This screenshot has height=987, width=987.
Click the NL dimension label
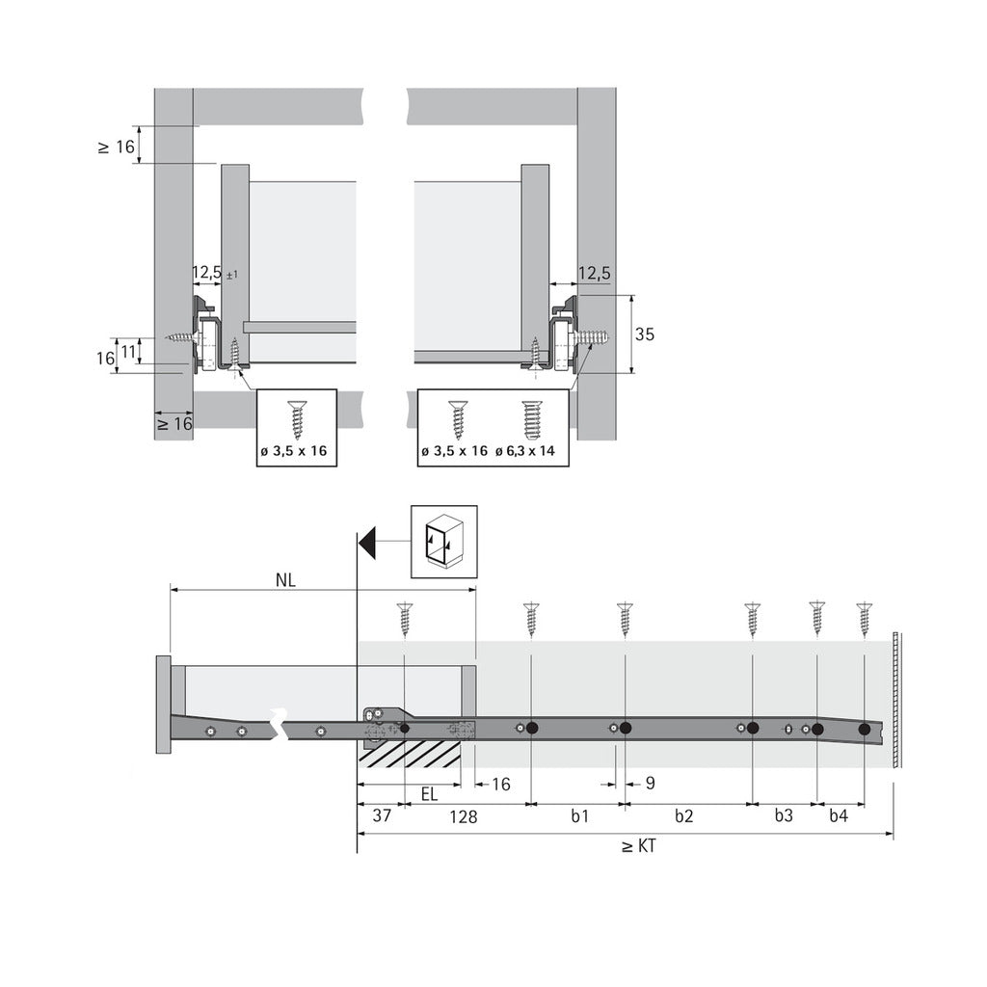[285, 580]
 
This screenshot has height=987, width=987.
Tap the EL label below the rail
[430, 795]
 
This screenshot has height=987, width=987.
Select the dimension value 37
[381, 816]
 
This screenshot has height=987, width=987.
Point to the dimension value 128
[464, 816]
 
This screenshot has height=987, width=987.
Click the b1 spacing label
[578, 816]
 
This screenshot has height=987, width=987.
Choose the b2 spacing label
[683, 816]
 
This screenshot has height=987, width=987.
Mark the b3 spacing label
[784, 816]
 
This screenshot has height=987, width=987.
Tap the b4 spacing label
[839, 816]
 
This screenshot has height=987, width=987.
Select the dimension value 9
[650, 784]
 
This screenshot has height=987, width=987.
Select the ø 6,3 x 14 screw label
[530, 451]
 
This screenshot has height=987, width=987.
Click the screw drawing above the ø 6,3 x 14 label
[531, 419]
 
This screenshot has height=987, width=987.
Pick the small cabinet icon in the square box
[443, 542]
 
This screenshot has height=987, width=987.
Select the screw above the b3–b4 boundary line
[817, 618]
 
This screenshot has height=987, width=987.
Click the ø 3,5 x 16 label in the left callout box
[297, 451]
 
